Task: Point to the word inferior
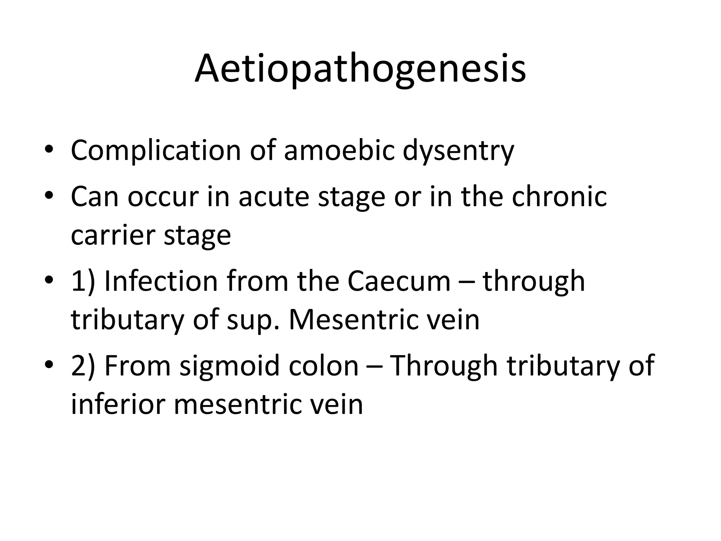(x=118, y=404)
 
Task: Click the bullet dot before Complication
(x=49, y=151)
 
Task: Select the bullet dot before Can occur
(x=49, y=197)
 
